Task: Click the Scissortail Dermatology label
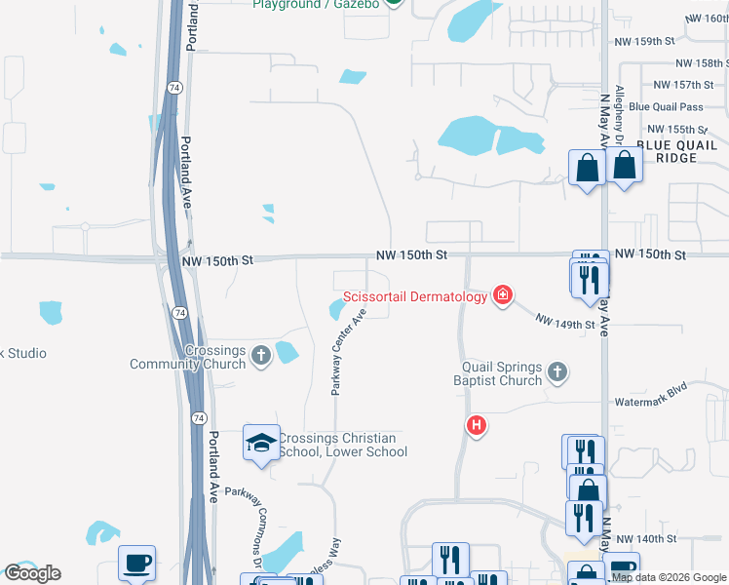414,296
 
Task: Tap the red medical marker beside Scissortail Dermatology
503,294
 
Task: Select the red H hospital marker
477,425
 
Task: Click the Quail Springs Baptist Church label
502,373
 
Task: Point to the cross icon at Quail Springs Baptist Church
556,371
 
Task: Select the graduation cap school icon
261,444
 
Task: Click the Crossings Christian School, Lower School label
341,445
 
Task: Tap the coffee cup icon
136,564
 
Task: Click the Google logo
33,573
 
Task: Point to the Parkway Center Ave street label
348,352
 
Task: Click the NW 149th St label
565,323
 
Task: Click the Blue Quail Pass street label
666,107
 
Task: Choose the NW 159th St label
645,42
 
